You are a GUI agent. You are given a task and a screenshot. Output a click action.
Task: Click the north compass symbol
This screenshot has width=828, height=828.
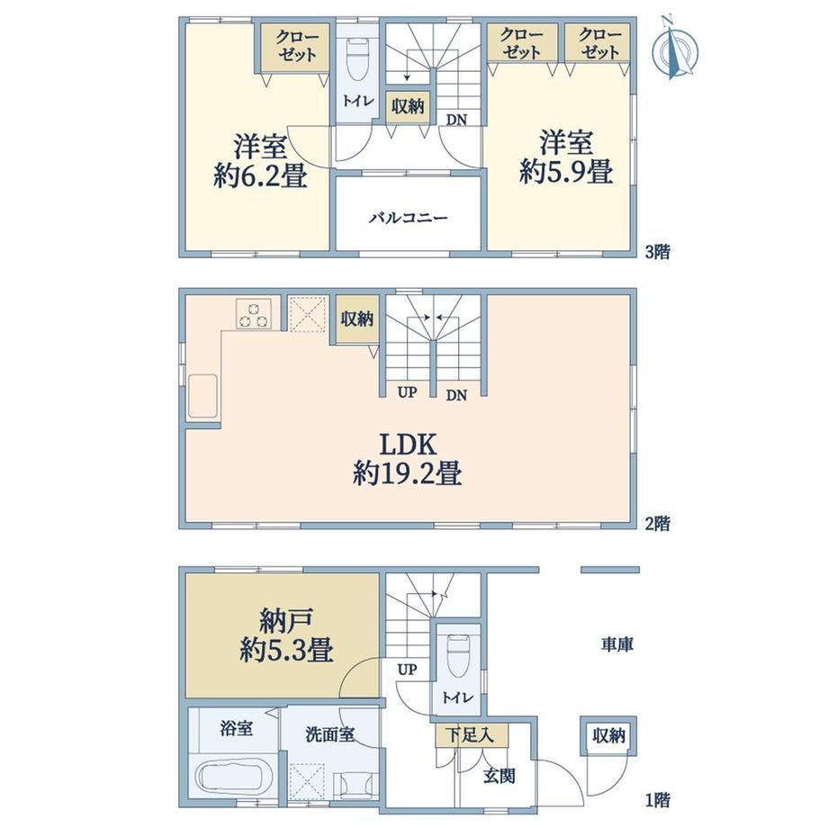674,49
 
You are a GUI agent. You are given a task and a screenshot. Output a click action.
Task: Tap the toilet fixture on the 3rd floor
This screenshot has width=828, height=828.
358,59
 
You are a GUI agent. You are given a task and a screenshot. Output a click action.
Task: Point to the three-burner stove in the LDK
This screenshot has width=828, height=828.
254,313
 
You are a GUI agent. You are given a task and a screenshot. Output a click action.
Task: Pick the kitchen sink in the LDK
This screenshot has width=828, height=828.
202,395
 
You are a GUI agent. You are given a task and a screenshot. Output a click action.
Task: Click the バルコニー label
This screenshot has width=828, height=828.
408,218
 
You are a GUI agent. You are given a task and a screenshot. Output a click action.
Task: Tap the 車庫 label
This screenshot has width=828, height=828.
616,643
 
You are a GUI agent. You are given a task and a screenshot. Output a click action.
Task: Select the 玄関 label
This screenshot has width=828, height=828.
499,776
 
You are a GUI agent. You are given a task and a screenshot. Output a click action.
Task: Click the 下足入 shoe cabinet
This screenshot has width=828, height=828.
472,735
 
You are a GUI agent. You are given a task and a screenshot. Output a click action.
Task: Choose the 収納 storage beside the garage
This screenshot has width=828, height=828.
608,736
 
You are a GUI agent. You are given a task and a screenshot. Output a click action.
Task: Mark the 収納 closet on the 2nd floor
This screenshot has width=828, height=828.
357,319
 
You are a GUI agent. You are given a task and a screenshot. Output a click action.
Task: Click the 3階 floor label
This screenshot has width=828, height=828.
658,251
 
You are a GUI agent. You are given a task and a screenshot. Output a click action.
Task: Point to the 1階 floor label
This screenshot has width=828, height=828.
658,800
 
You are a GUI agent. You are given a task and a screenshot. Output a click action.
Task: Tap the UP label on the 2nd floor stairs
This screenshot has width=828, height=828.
407,391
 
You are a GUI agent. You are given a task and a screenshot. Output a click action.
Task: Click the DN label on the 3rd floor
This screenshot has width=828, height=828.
457,120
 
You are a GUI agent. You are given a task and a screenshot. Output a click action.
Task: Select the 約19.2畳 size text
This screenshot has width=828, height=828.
407,472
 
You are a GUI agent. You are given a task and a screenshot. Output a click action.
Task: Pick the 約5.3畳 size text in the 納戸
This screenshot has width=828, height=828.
286,650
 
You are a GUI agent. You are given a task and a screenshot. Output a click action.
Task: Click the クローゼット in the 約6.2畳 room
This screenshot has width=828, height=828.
296,48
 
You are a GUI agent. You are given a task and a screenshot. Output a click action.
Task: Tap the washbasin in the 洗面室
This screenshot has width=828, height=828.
355,786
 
